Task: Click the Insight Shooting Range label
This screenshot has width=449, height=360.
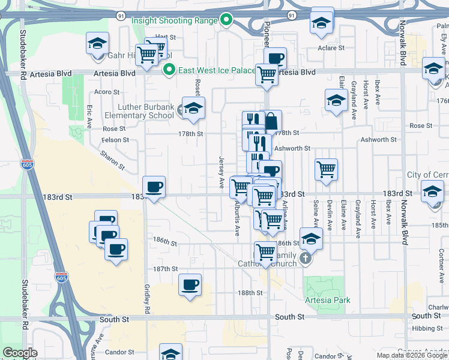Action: coord(174,20)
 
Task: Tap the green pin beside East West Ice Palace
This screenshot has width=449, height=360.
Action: coord(169,70)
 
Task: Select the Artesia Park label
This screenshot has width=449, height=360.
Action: coord(327,300)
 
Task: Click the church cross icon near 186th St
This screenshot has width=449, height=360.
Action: coord(306,259)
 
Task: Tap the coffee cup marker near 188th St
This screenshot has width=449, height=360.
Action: coord(190,284)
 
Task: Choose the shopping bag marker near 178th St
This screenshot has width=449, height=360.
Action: coord(271,120)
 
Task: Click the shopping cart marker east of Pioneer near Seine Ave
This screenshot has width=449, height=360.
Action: coord(326,169)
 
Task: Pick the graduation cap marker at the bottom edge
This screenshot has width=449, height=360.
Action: coord(170,353)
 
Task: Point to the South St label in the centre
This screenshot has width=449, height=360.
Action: coord(289,316)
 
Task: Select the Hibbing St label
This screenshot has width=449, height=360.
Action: coord(427,328)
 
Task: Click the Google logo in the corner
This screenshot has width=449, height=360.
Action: coord(20,353)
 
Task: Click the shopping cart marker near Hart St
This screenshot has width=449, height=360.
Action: coord(148,54)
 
